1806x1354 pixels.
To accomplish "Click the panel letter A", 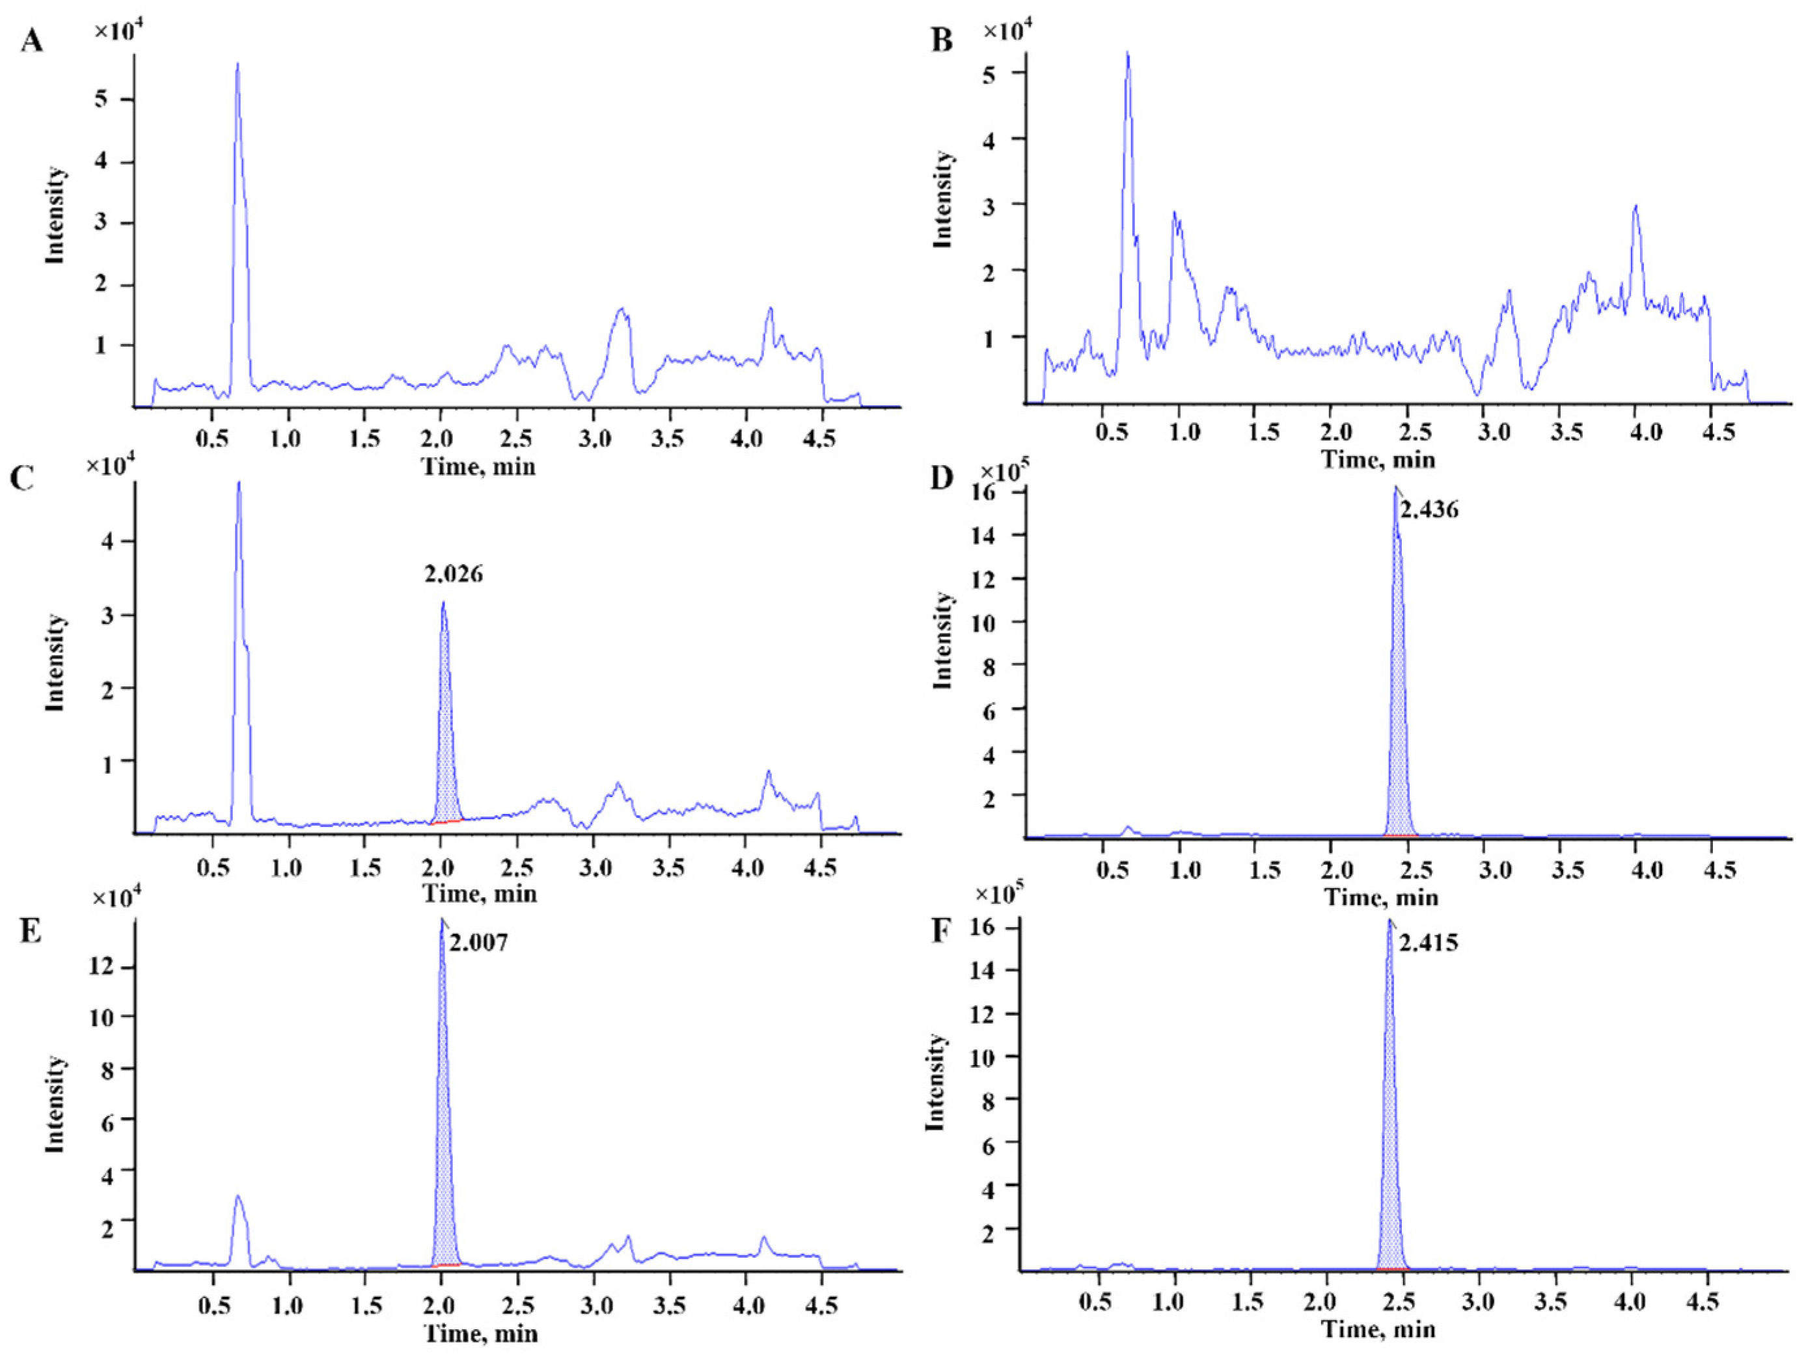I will pyautogui.click(x=31, y=39).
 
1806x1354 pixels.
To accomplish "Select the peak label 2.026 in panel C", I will pyautogui.click(x=453, y=575).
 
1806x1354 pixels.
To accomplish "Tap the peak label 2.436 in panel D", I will pyautogui.click(x=1429, y=510).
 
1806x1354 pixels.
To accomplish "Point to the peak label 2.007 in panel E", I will pyautogui.click(x=478, y=943).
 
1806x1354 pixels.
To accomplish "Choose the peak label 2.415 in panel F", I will pyautogui.click(x=1429, y=943).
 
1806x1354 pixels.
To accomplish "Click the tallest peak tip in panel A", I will pyautogui.click(x=238, y=64).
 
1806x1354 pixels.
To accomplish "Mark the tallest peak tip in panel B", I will pyautogui.click(x=1127, y=53).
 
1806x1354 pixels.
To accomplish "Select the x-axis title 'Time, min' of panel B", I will pyautogui.click(x=1378, y=459).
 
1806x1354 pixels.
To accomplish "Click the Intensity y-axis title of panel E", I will pyautogui.click(x=55, y=1104).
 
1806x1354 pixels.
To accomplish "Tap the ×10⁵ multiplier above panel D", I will pyautogui.click(x=1004, y=472).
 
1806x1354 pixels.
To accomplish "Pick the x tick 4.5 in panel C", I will pyautogui.click(x=820, y=867).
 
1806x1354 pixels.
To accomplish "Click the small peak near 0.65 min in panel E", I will pyautogui.click(x=238, y=1198).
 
